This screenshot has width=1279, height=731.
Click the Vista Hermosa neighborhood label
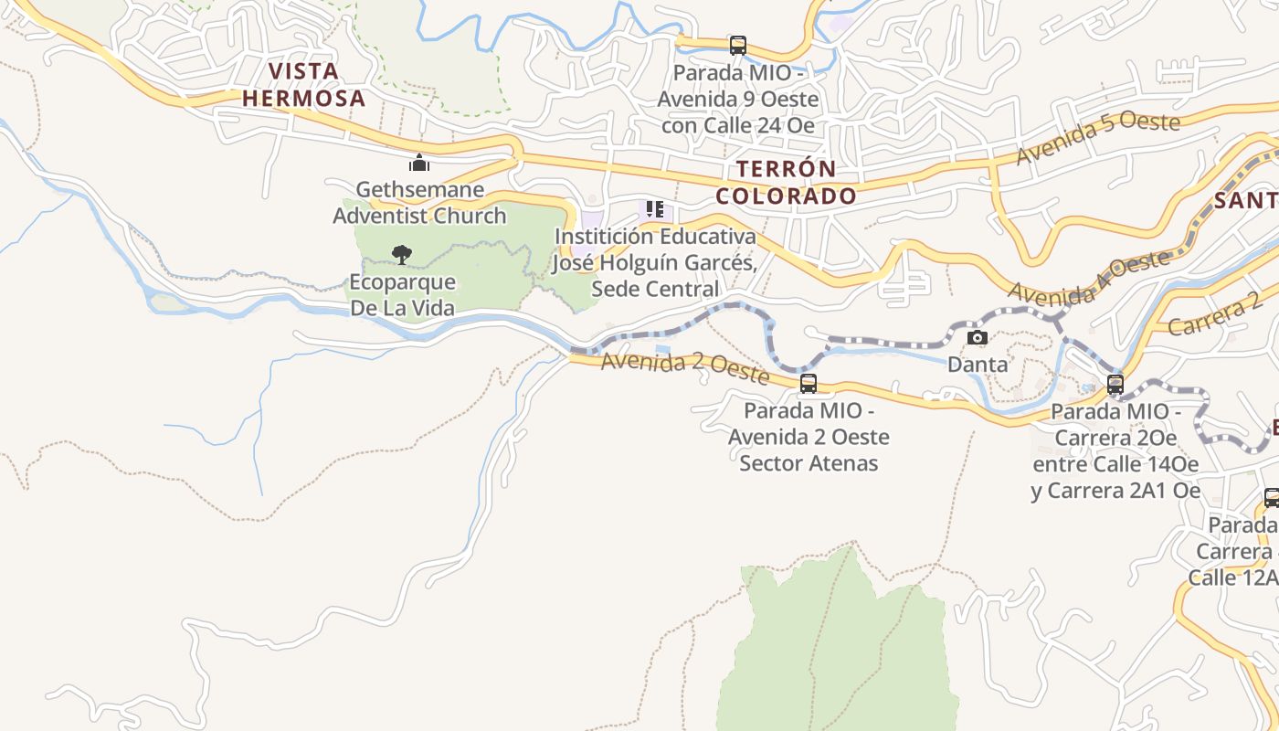tap(303, 84)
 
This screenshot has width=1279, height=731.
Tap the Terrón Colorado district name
tap(786, 182)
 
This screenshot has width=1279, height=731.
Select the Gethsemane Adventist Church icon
tap(419, 164)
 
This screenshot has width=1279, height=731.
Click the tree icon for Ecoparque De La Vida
tap(401, 254)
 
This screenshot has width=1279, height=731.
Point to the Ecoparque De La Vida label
tap(402, 294)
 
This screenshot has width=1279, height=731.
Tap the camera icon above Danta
tap(978, 337)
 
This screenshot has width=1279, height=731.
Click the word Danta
tap(978, 364)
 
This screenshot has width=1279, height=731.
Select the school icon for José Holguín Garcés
tap(654, 209)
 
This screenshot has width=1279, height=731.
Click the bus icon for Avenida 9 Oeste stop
tap(737, 45)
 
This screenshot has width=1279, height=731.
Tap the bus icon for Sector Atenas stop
tap(809, 384)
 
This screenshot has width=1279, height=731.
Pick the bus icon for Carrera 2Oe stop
tap(1115, 385)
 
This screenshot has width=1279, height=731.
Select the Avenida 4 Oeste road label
tap(1088, 278)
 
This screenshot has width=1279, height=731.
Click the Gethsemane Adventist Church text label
tap(419, 203)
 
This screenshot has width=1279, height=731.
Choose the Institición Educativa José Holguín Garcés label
tap(655, 262)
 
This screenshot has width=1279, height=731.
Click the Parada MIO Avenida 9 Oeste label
tap(738, 99)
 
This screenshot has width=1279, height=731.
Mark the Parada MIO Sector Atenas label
tap(809, 437)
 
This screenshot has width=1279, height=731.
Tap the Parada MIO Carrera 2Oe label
tap(1115, 451)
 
